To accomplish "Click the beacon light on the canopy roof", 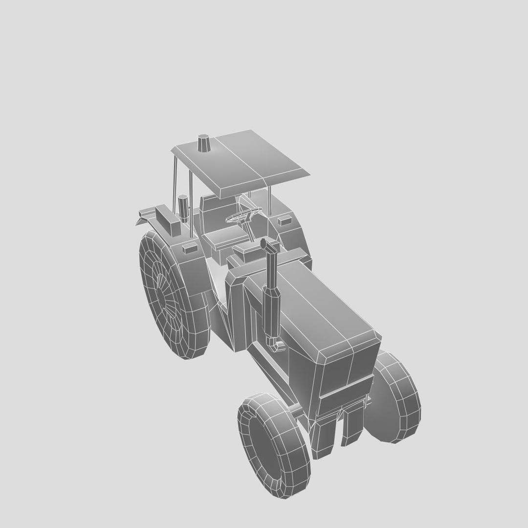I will (204, 143).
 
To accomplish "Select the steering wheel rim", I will (243, 215).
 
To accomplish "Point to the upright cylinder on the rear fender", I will (183, 207).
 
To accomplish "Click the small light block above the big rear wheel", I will (190, 248).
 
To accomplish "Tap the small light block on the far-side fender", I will (284, 220).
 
